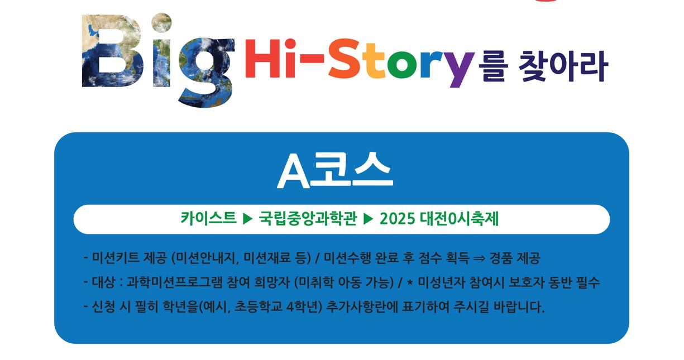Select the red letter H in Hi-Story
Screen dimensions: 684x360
(x=262, y=59)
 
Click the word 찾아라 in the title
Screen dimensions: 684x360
(x=563, y=66)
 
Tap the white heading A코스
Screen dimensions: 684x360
(x=335, y=170)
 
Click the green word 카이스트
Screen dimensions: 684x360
(x=209, y=219)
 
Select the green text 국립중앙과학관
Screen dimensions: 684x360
(x=308, y=219)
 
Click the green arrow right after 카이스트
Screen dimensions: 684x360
(x=248, y=219)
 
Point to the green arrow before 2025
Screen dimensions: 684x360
(x=369, y=219)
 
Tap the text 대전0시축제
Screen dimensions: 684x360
(x=459, y=219)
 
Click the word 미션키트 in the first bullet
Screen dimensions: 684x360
(x=114, y=258)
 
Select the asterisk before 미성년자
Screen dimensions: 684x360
(x=410, y=282)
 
